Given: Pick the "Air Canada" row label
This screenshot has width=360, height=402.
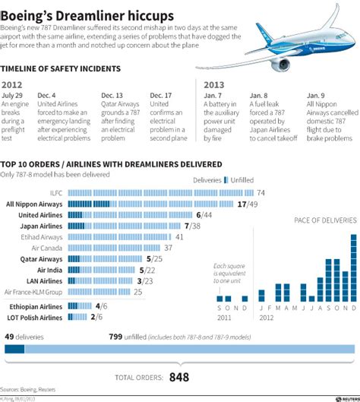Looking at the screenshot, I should point(48,248).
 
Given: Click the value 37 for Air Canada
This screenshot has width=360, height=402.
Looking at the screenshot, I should point(169,248).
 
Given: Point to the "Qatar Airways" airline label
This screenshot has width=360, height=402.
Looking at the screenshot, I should point(42,259).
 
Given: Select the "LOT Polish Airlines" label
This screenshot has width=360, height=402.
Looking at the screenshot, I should point(33,317).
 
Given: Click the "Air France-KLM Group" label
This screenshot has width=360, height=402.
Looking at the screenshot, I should point(33,292).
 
